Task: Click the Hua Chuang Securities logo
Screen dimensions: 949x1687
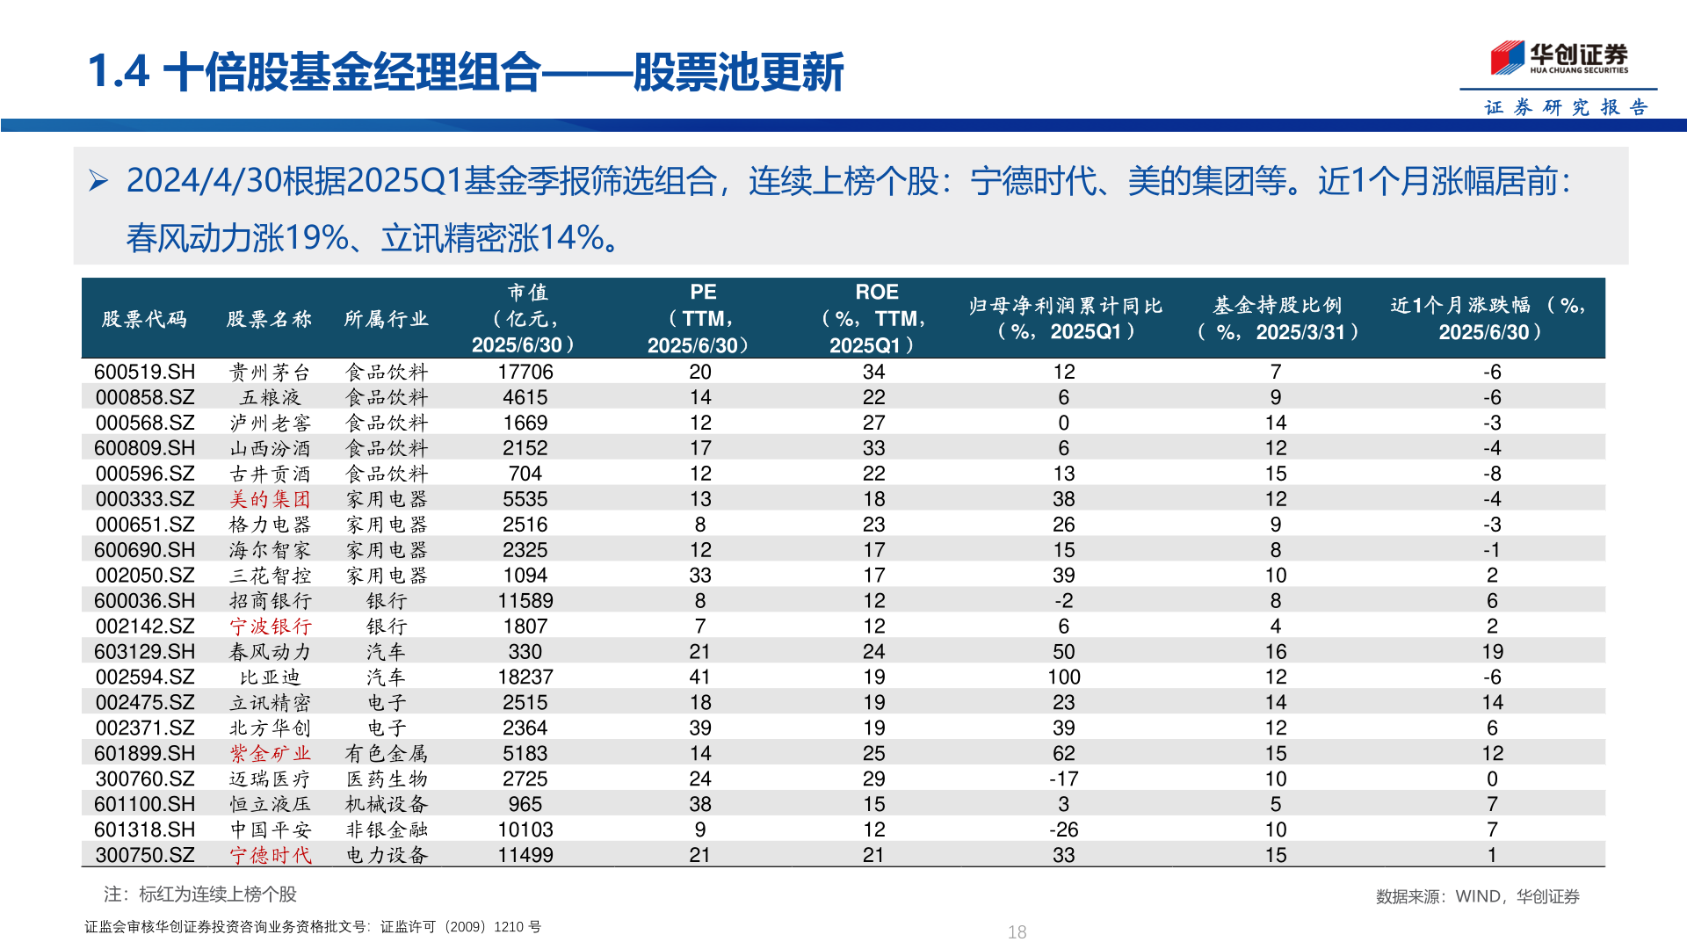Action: click(x=1559, y=58)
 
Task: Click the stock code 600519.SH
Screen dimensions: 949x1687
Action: click(x=145, y=372)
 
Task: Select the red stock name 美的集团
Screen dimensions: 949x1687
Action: click(x=270, y=499)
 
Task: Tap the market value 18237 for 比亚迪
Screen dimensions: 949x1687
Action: click(x=525, y=677)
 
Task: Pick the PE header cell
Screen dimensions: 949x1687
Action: click(x=701, y=318)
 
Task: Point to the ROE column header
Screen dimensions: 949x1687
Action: click(x=875, y=318)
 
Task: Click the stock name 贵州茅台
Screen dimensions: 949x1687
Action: click(x=270, y=372)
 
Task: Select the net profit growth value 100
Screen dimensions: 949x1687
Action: click(x=1063, y=677)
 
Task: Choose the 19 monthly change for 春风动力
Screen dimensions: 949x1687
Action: click(x=1492, y=652)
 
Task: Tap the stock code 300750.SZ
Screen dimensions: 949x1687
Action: click(x=145, y=855)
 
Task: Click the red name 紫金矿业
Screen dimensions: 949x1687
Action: click(x=270, y=754)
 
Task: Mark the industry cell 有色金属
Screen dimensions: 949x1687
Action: click(x=386, y=754)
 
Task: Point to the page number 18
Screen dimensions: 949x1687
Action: click(x=1017, y=932)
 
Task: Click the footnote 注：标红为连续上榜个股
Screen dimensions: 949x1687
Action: click(x=200, y=895)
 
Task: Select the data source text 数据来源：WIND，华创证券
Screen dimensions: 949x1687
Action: click(x=1477, y=896)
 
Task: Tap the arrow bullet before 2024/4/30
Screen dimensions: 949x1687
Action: click(x=98, y=181)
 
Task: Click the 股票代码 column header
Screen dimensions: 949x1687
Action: click(x=144, y=319)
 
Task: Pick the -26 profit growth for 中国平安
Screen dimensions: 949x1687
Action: click(x=1063, y=829)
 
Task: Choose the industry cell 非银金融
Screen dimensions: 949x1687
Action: click(x=386, y=829)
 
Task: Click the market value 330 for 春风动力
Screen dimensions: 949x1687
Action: click(x=525, y=652)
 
